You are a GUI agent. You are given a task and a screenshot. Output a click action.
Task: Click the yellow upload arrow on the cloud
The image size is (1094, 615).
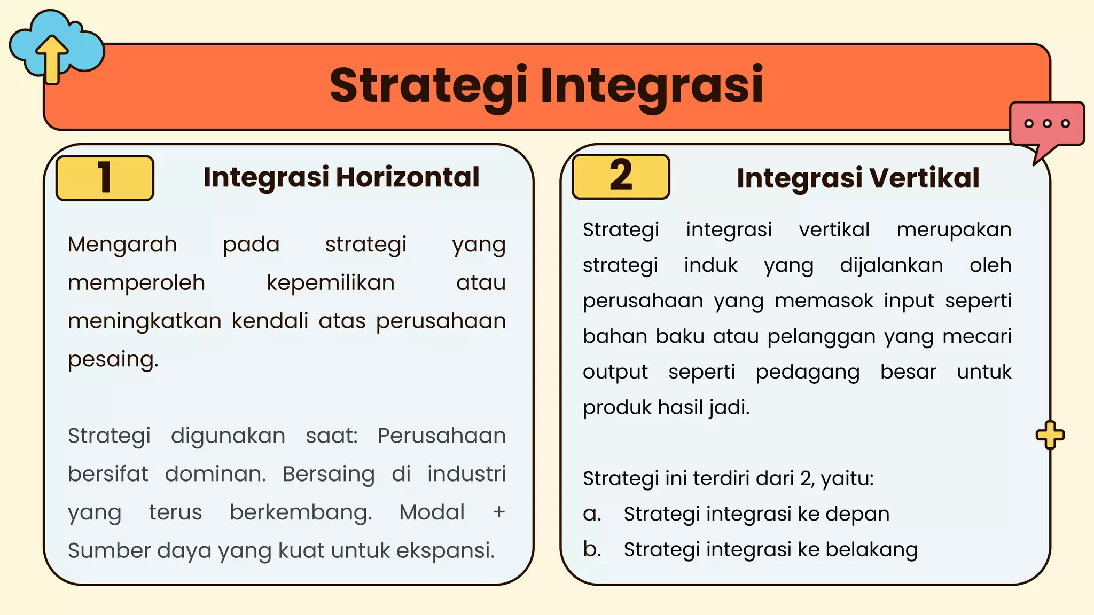[x=52, y=59]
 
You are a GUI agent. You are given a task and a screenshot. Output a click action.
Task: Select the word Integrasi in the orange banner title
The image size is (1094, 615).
[x=652, y=86]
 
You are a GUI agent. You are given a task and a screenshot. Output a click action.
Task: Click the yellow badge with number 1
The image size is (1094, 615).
[x=105, y=178]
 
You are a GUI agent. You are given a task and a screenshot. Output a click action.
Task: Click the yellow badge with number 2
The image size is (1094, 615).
[x=621, y=176]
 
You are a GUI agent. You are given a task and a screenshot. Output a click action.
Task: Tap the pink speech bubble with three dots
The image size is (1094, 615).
[x=1047, y=124]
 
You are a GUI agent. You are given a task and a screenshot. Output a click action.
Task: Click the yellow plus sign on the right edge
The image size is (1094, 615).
[x=1050, y=435]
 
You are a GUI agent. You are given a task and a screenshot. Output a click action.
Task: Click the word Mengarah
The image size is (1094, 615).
[x=122, y=245]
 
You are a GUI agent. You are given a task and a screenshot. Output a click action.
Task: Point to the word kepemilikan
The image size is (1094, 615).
[x=331, y=283]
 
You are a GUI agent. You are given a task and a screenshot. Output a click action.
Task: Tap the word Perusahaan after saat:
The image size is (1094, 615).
[x=441, y=436]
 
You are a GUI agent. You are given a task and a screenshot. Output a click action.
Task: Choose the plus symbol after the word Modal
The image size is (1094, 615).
[x=499, y=512]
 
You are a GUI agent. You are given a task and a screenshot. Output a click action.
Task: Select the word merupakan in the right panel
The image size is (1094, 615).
[x=954, y=230]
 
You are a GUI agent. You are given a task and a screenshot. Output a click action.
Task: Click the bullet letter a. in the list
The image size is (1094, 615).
[x=592, y=514]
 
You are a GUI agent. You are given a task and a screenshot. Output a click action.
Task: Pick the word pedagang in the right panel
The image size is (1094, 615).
[x=808, y=372]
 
